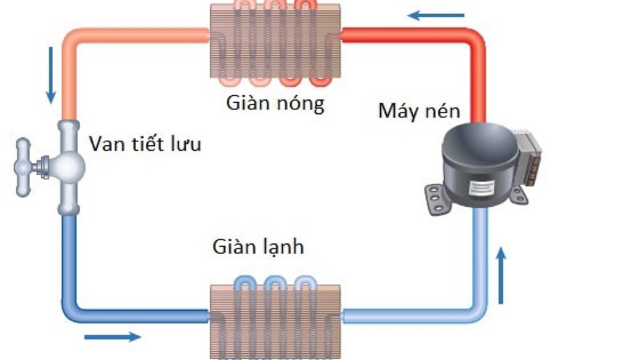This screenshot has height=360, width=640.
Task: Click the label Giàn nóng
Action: (275, 104)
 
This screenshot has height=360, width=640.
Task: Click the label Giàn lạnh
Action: (258, 247)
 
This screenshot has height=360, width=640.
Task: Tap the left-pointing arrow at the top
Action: (436, 15)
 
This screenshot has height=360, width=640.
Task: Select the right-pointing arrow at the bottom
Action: (112, 337)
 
